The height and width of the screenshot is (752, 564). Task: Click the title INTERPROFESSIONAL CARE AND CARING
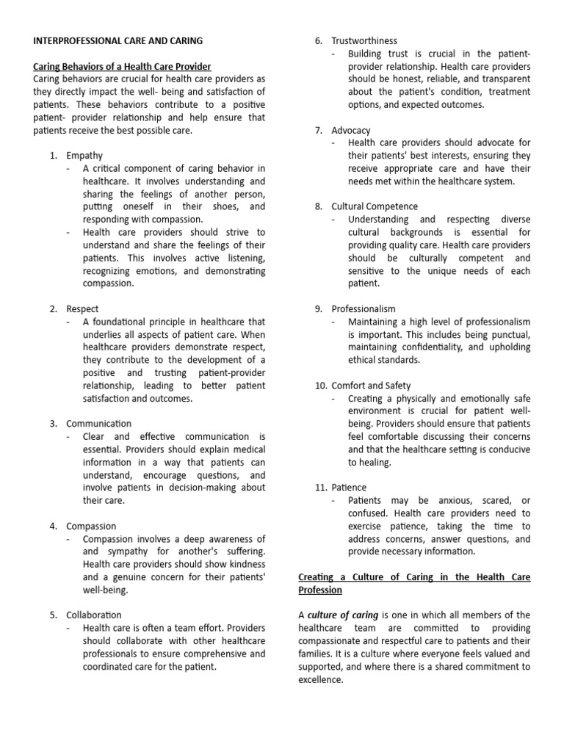click(x=118, y=40)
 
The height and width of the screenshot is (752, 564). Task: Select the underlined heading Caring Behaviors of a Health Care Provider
click(x=122, y=67)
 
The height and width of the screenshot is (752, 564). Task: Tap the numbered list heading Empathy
click(x=84, y=156)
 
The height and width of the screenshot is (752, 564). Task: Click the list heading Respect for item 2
click(x=82, y=309)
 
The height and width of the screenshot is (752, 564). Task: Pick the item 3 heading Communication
click(x=99, y=424)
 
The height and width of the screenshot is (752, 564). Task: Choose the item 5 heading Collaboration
click(x=94, y=615)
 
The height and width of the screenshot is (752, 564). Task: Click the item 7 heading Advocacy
click(x=351, y=130)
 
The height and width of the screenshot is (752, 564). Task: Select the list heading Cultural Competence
click(x=375, y=206)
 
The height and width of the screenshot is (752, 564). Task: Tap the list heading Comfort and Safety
click(x=371, y=386)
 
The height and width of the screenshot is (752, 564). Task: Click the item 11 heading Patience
click(x=349, y=488)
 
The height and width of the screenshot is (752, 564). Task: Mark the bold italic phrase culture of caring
click(x=343, y=615)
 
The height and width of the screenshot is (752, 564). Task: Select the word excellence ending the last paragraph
click(x=320, y=679)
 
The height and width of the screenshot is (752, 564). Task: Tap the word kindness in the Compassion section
click(x=247, y=564)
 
